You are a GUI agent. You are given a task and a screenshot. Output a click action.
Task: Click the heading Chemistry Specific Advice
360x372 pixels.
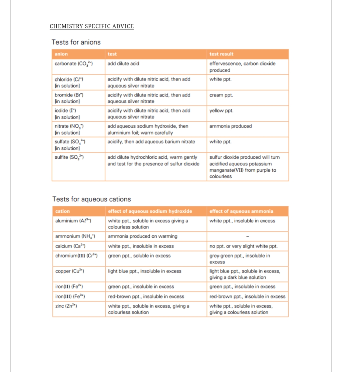tap(92, 26)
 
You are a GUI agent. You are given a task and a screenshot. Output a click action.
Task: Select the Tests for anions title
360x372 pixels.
tap(76, 42)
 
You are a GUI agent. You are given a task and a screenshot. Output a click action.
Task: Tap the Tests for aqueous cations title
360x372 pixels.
tap(91, 199)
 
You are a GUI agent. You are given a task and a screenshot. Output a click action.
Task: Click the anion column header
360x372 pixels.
tap(61, 54)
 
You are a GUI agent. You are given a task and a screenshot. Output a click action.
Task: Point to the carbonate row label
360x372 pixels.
tap(73, 64)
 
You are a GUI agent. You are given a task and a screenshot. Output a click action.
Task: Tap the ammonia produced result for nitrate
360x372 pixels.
tap(231, 126)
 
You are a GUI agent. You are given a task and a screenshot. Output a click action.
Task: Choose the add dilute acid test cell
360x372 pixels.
tap(123, 64)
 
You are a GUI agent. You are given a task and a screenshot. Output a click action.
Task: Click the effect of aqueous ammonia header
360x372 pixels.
tap(241, 211)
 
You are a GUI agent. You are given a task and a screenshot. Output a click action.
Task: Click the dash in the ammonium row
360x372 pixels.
tap(247, 236)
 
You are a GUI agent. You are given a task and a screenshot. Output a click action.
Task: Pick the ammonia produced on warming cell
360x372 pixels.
tap(143, 236)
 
